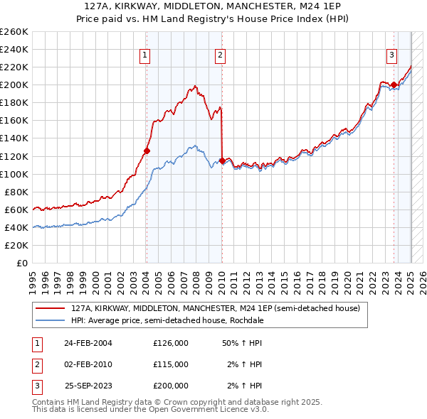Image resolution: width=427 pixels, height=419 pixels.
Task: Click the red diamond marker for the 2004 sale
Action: (147, 151)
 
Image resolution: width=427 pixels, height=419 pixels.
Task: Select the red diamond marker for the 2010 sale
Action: (222, 160)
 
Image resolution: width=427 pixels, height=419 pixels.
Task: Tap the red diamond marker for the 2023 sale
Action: (394, 85)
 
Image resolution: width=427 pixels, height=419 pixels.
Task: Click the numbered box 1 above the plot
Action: (145, 55)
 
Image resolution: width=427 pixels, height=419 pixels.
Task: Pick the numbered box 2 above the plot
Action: (221, 55)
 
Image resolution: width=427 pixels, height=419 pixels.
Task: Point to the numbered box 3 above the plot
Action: (392, 55)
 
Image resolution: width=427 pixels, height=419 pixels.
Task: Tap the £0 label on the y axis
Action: (22, 263)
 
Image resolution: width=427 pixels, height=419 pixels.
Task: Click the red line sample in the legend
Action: (50, 309)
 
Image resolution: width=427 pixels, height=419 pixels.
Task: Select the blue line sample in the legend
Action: (50, 320)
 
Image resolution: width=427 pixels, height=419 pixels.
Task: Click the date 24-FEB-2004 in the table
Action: (88, 343)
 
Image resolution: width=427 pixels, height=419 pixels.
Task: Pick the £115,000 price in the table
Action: (171, 364)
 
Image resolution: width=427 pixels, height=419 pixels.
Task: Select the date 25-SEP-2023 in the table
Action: (88, 386)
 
